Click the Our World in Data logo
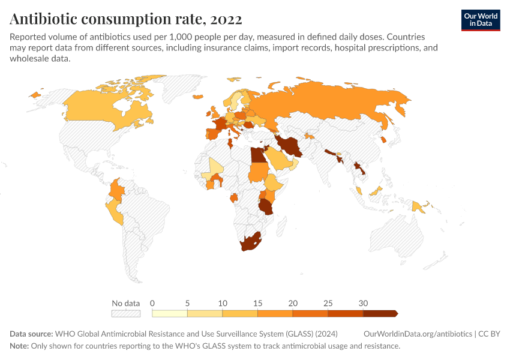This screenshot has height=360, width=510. coord(480,20)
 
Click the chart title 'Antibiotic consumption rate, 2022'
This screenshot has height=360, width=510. coord(126,19)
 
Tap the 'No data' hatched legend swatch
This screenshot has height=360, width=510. coord(125,313)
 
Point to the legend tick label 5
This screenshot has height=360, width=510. coord(188,303)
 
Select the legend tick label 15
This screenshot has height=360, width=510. coord(258,303)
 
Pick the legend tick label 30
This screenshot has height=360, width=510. coord(363,303)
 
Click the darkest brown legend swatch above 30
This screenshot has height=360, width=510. coord(380,313)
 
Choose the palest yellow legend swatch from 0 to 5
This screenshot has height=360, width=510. coord(170,313)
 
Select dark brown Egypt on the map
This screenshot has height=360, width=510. coord(257,155)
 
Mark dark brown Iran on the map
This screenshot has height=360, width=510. coord(290,146)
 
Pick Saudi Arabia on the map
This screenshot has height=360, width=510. coord(277,158)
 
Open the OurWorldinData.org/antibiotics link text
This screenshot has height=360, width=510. coord(418,334)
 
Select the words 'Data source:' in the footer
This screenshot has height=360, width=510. coord(31,334)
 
